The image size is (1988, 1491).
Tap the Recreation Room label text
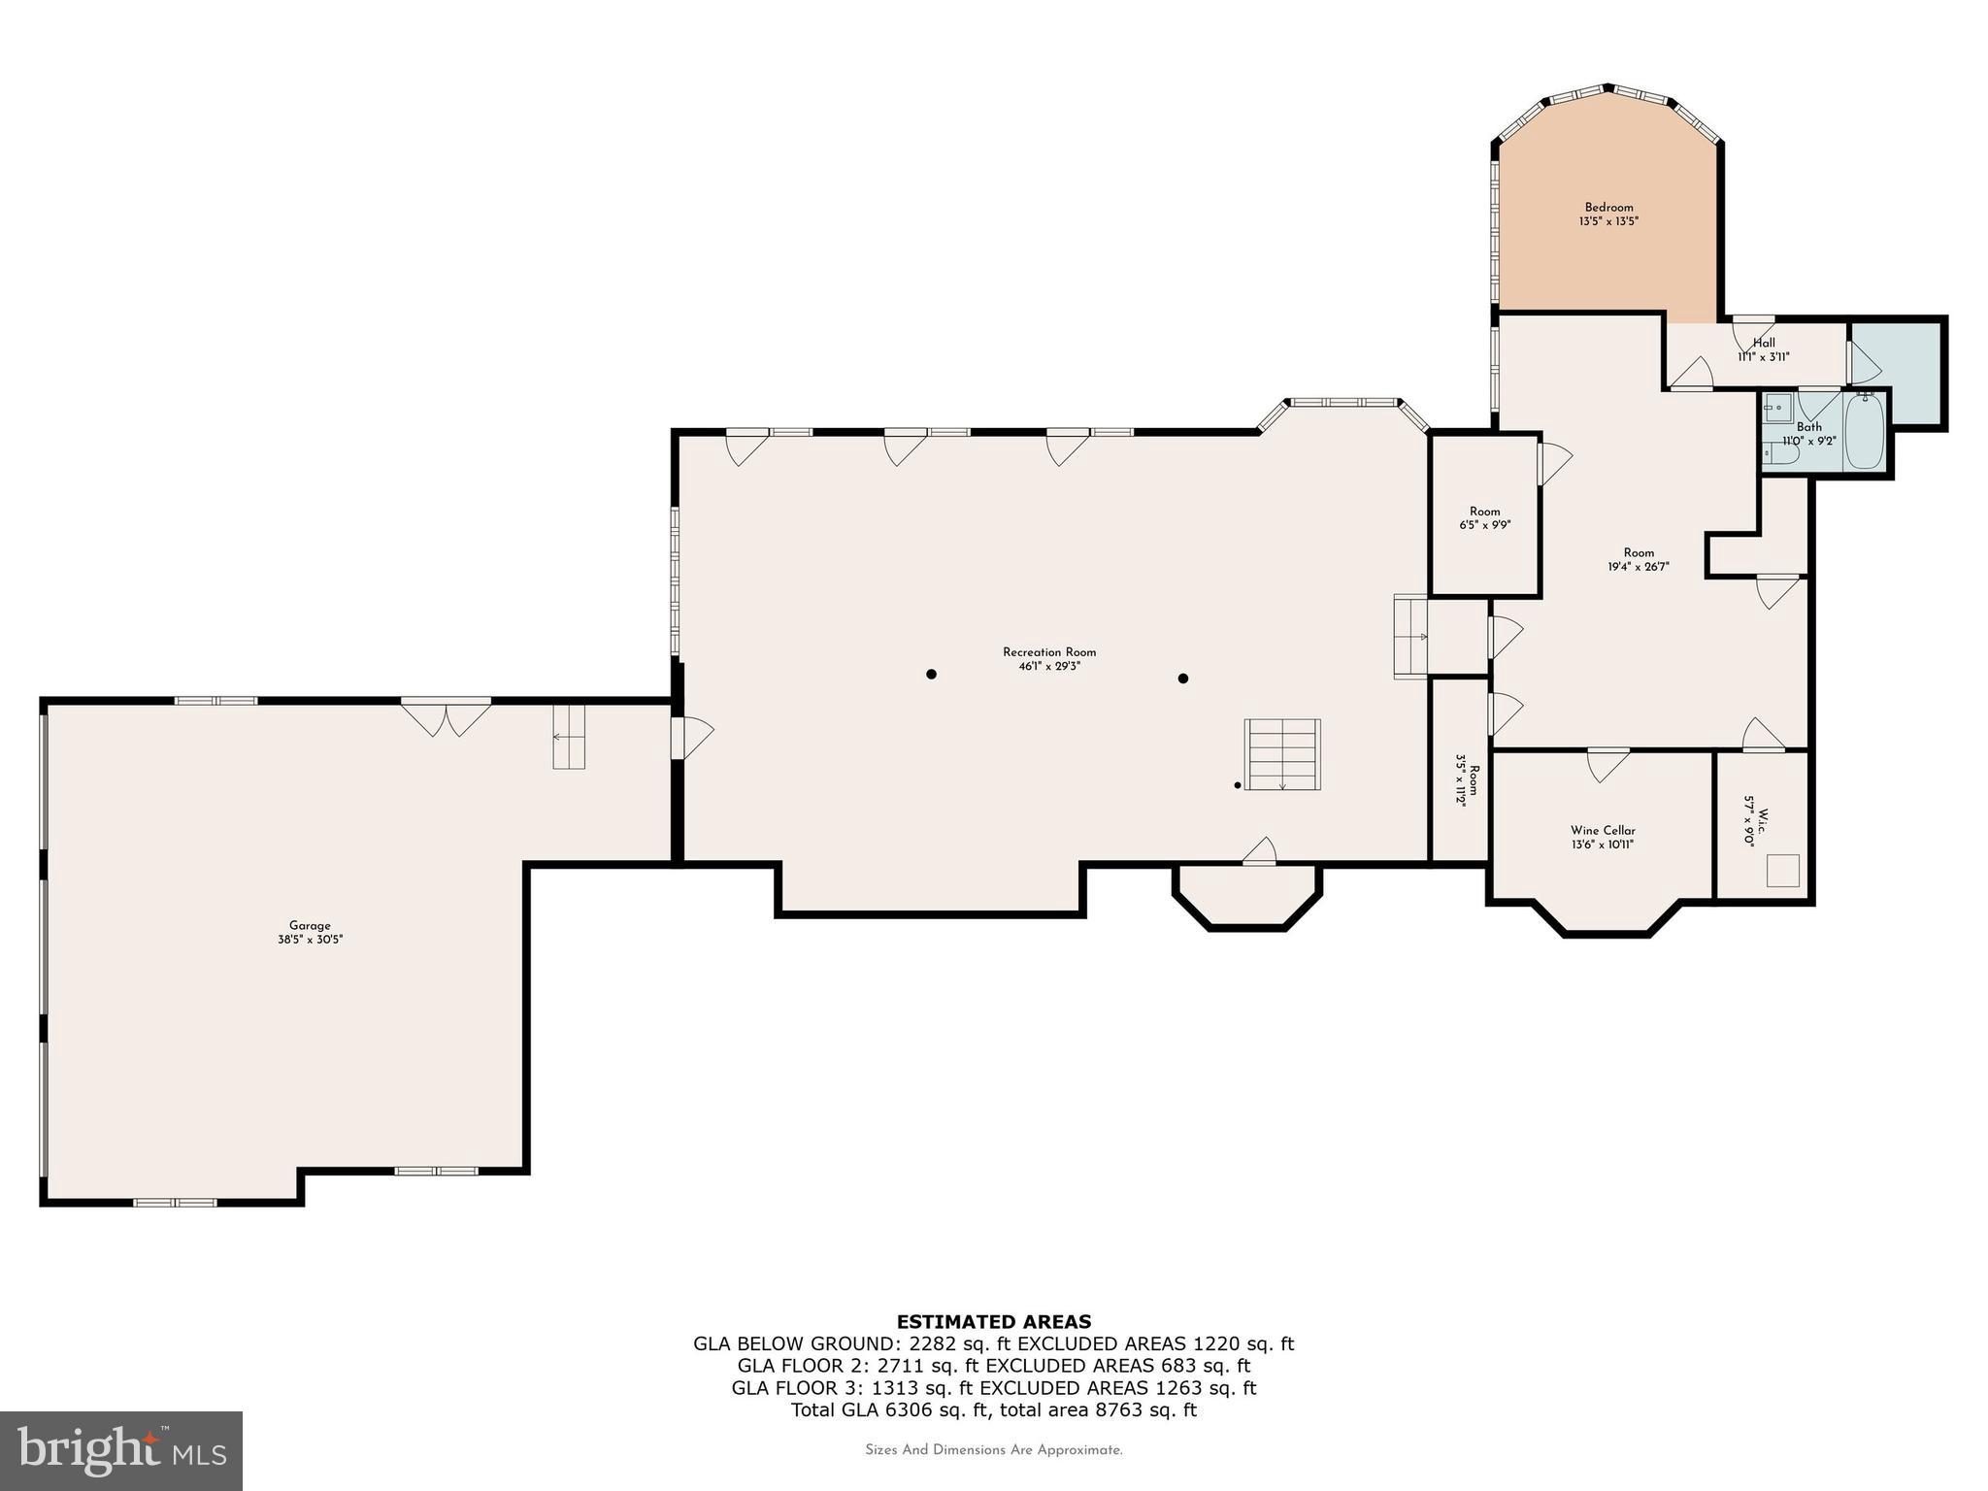click(1048, 652)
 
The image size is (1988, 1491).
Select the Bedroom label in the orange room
click(1608, 208)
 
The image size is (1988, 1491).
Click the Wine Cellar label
click(1603, 831)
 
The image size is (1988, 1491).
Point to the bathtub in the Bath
click(1863, 432)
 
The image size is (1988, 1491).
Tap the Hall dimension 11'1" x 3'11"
click(1763, 357)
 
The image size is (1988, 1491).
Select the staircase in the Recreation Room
click(1282, 754)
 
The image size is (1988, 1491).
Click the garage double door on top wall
click(446, 719)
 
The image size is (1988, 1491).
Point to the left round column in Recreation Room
click(931, 674)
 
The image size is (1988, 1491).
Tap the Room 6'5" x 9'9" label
click(1484, 518)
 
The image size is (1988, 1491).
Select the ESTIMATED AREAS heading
click(993, 1321)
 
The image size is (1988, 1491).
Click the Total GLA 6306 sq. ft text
click(993, 1410)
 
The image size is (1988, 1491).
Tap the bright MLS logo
click(120, 1450)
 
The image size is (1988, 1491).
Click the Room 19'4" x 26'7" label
click(1638, 560)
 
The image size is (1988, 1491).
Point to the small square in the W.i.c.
click(1782, 870)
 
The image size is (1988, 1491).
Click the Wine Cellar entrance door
click(1607, 763)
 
